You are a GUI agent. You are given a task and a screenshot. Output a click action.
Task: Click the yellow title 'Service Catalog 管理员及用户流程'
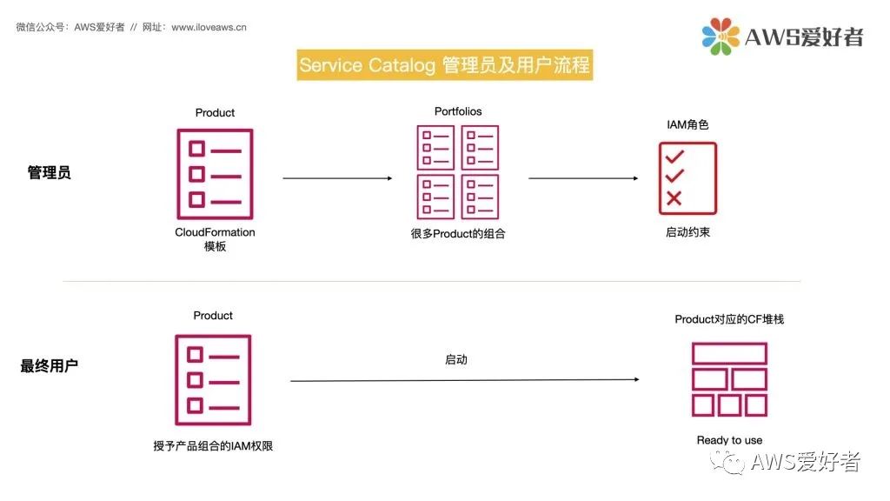tap(444, 65)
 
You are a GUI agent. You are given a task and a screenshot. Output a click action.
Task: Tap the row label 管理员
tap(49, 172)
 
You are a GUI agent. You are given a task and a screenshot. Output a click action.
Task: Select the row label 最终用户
tap(49, 365)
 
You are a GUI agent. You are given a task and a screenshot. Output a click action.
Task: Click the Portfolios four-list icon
tap(457, 172)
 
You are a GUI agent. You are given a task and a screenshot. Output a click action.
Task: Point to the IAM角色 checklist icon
tap(687, 177)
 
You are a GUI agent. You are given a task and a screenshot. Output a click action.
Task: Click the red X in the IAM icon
tap(674, 198)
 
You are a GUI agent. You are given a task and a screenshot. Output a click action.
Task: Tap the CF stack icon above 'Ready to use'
tap(729, 379)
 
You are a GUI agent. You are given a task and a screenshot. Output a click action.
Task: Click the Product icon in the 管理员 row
tap(215, 174)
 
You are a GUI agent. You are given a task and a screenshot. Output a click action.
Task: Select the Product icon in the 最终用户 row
tap(213, 380)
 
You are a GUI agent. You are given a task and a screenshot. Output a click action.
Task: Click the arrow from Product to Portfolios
tap(337, 178)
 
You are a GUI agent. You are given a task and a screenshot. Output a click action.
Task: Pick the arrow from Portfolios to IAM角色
tap(583, 178)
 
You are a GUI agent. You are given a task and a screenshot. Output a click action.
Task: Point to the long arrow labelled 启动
tap(466, 380)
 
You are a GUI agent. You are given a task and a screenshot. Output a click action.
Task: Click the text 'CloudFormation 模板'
tap(215, 239)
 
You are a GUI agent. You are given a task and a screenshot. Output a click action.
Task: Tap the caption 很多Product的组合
tap(458, 233)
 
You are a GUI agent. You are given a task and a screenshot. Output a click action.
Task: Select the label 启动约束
tap(687, 232)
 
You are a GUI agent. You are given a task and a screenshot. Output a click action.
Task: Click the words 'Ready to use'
tap(729, 440)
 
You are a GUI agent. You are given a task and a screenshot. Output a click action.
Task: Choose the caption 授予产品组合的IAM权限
tap(214, 446)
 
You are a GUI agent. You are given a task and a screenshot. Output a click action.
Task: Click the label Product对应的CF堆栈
tap(729, 319)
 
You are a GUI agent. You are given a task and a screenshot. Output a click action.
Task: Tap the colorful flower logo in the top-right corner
tap(721, 36)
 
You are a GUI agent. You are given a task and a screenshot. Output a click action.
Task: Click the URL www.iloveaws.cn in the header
tap(209, 27)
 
